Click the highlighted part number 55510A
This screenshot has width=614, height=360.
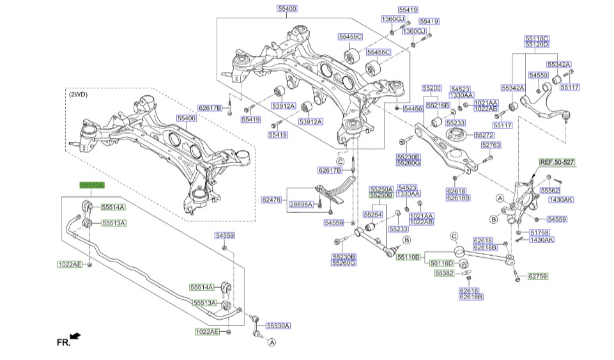point(91,185)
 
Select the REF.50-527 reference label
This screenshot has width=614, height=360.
point(557,162)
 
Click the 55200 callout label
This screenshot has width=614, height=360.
point(431,87)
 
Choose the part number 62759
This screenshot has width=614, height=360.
point(537,277)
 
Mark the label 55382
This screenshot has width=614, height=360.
point(444,273)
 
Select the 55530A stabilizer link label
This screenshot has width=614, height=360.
point(278,325)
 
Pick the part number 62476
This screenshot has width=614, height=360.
point(271,200)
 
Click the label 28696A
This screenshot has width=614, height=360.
point(302,205)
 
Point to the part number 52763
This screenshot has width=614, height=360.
point(490,145)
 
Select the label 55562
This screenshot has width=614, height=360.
point(549,190)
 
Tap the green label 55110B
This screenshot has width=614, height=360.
point(408,257)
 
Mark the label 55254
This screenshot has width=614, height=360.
point(372,214)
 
